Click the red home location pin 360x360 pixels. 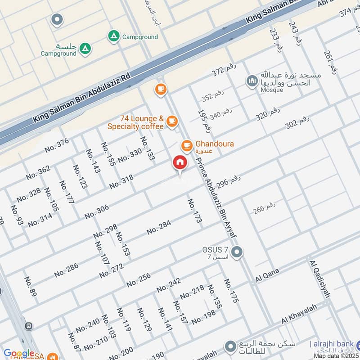(x=180, y=163)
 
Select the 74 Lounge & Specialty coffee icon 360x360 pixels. (x=171, y=121)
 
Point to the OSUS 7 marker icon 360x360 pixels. (x=237, y=252)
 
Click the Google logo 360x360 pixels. (x=19, y=354)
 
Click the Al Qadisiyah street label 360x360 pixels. (x=320, y=279)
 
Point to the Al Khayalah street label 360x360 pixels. (x=299, y=314)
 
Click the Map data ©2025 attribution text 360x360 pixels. (x=336, y=356)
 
